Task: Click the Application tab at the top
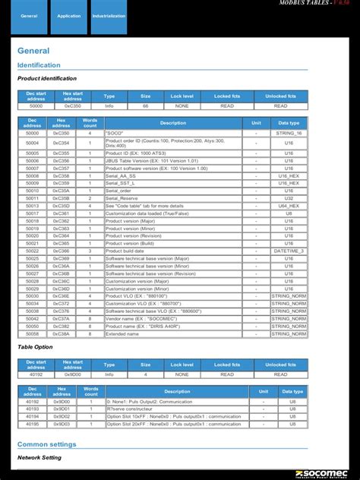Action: [69, 16]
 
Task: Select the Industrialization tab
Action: [109, 16]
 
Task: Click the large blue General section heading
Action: [33, 51]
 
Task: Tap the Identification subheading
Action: [39, 65]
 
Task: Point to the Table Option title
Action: [35, 346]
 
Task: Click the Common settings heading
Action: [46, 444]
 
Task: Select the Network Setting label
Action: [39, 458]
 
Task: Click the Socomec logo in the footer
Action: [322, 473]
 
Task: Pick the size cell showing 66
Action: [145, 106]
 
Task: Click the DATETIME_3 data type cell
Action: [289, 251]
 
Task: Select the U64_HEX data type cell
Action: [289, 206]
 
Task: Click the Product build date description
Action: [125, 251]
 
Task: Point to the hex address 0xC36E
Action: [62, 295]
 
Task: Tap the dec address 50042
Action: [33, 318]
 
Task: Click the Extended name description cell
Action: [122, 333]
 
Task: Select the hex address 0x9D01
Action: [62, 409]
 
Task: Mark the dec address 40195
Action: [33, 423]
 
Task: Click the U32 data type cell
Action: [289, 198]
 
